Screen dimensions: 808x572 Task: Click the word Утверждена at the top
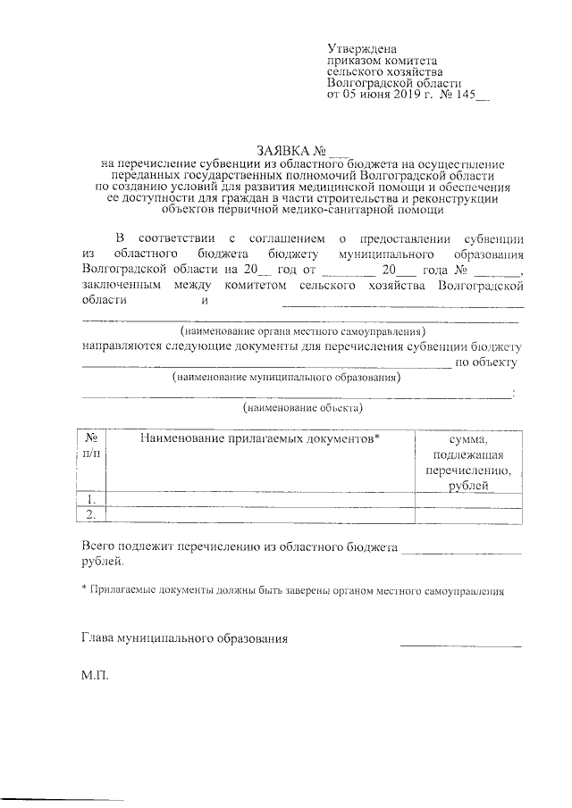point(362,47)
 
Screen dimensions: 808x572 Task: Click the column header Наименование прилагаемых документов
point(260,439)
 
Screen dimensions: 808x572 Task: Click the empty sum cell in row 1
point(468,499)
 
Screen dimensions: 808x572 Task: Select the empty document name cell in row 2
point(260,514)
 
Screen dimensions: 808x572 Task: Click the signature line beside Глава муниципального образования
point(460,644)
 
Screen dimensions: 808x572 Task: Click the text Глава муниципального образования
point(184,639)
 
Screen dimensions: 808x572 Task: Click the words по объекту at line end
point(486,362)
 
